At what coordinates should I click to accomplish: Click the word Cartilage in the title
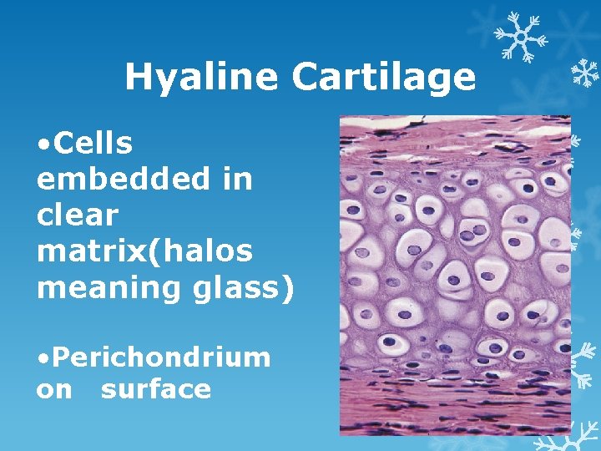384,78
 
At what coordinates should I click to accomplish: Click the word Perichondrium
159,357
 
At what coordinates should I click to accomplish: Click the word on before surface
54,389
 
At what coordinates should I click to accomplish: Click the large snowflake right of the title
518,38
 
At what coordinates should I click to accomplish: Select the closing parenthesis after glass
289,288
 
